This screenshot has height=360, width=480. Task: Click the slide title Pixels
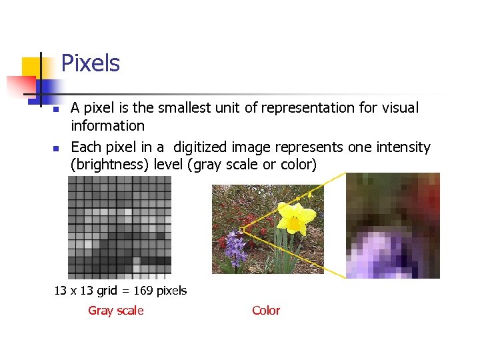point(90,64)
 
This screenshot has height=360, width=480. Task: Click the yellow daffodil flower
point(292,217)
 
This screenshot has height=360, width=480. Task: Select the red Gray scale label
point(115,311)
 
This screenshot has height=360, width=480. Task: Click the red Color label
point(266,311)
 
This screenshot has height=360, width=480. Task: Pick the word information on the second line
point(107,126)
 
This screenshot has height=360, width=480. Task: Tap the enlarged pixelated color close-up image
point(393,225)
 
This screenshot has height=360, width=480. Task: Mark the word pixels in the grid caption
point(172,291)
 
